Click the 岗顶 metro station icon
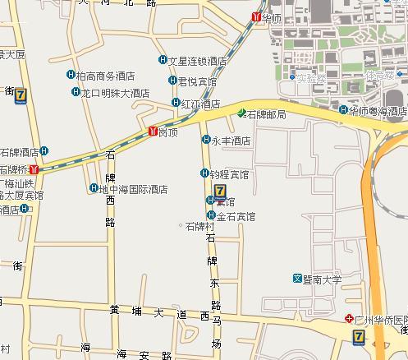[153, 131]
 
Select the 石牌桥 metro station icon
[33, 169]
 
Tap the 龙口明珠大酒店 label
[115, 93]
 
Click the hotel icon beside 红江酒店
[176, 104]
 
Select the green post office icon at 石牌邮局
[241, 113]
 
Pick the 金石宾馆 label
[236, 217]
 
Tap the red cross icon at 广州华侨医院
[349, 316]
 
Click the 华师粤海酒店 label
[378, 110]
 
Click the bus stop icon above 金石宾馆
[218, 190]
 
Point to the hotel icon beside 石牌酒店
[44, 151]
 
